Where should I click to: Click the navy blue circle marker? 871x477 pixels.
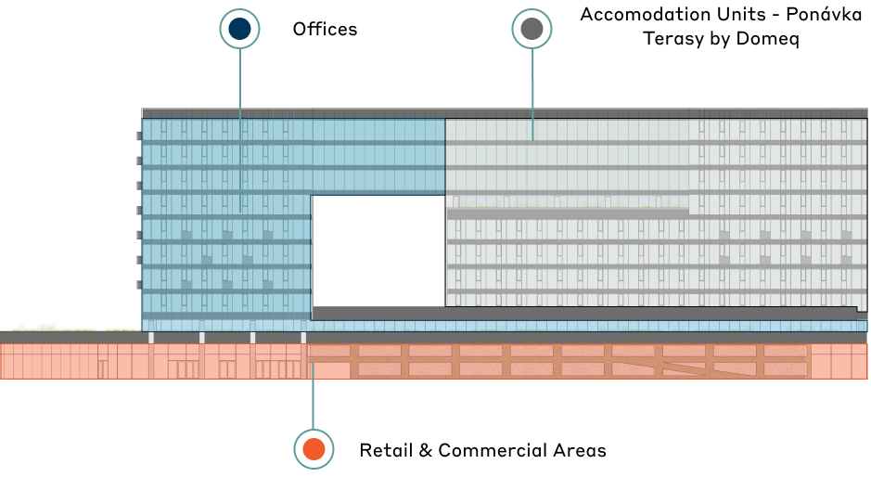[x=239, y=29]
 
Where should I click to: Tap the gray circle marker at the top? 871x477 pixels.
[x=532, y=29]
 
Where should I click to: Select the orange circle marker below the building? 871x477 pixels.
[x=314, y=449]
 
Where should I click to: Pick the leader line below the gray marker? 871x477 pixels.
[x=532, y=93]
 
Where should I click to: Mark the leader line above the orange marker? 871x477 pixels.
[x=314, y=399]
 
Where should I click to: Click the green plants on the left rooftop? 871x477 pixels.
[x=46, y=327]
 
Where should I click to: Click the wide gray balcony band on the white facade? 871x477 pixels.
[x=568, y=213]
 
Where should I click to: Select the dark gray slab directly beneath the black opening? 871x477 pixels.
[x=584, y=314]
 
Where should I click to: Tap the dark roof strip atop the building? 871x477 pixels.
[x=505, y=113]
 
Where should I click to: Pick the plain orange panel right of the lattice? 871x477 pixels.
[x=839, y=361]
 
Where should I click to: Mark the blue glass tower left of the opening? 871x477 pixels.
[x=226, y=223]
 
